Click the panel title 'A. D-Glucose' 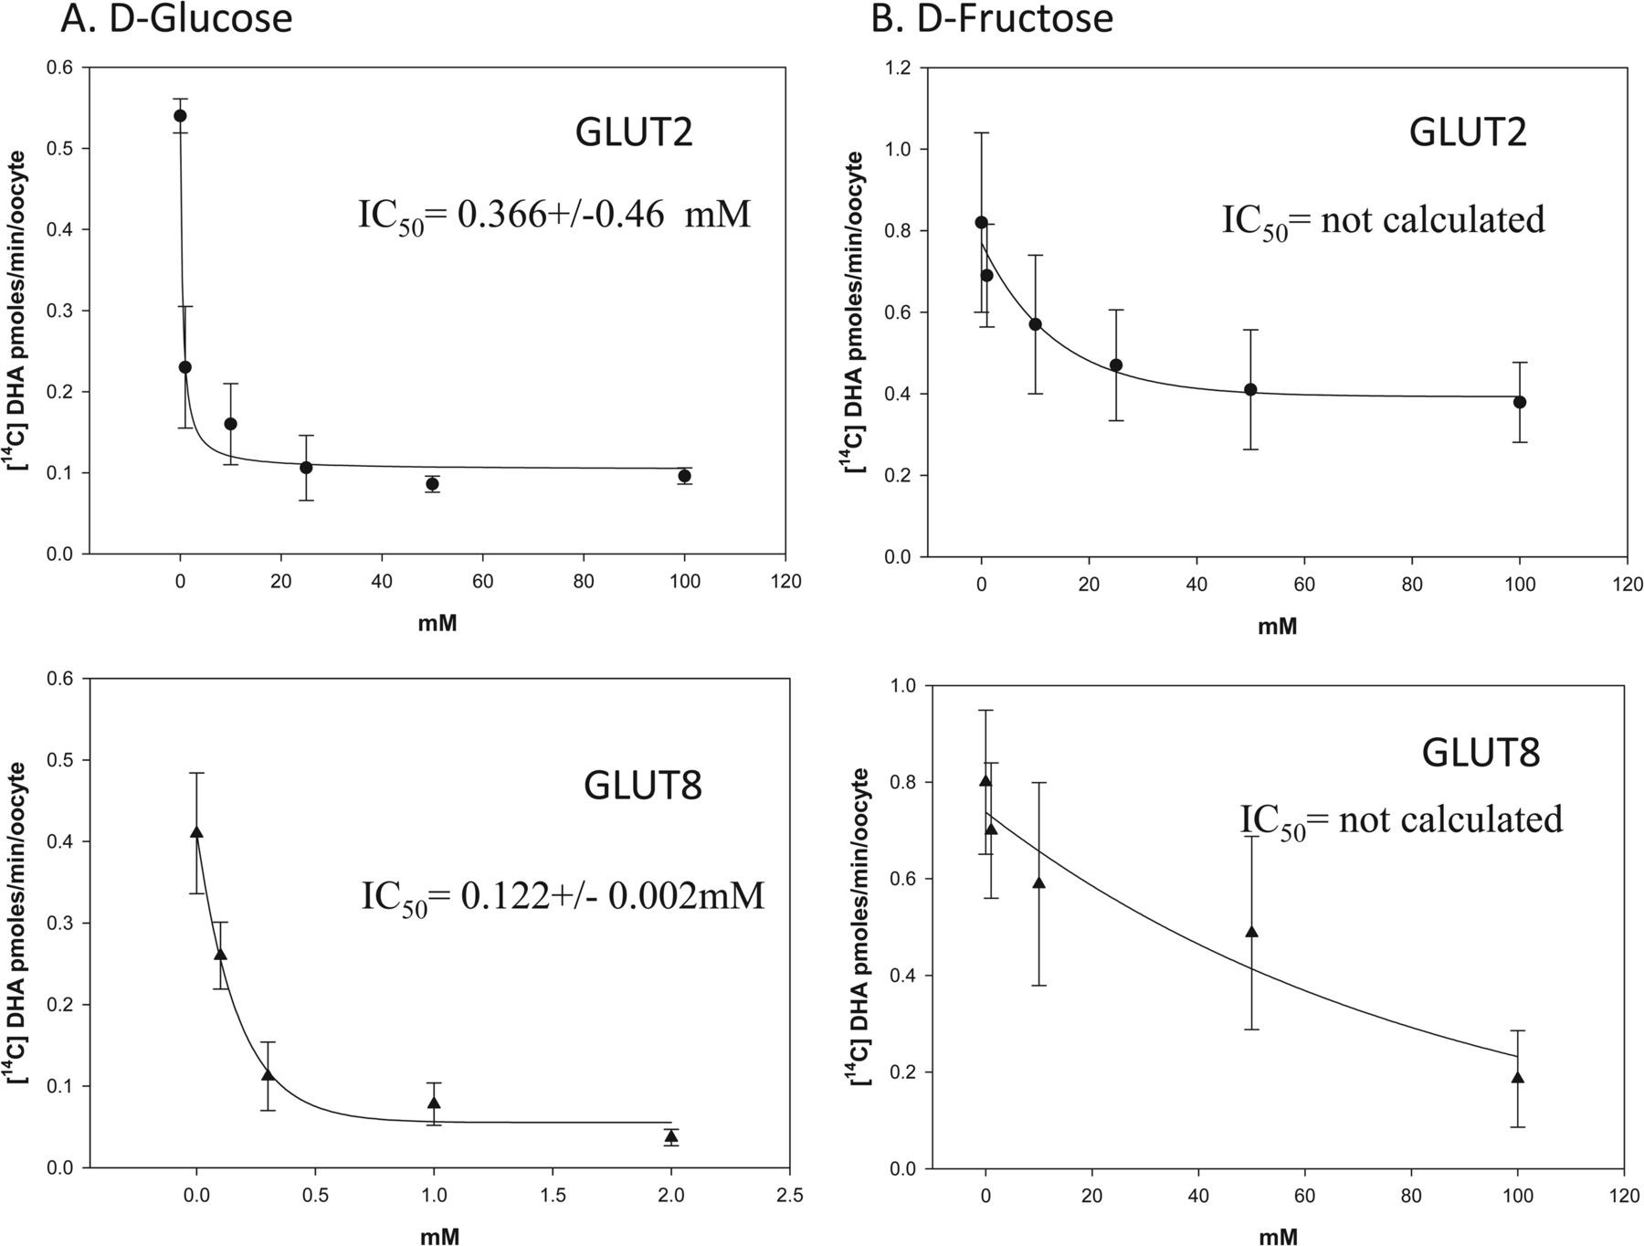[176, 19]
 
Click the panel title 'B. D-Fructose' [992, 19]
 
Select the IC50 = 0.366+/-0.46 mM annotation [553, 216]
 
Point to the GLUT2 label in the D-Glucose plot [633, 133]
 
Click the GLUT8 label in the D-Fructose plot [1481, 753]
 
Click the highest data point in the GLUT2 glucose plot [180, 116]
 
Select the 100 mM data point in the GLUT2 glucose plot [684, 476]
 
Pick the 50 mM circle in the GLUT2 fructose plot [1250, 390]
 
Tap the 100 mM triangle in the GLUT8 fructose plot [1518, 1078]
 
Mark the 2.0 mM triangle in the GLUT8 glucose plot [671, 1136]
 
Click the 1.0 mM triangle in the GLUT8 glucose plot [434, 1103]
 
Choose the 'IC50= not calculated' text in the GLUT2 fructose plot [1383, 221]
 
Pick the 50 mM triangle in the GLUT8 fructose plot [1251, 932]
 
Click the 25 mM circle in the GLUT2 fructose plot [1115, 365]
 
